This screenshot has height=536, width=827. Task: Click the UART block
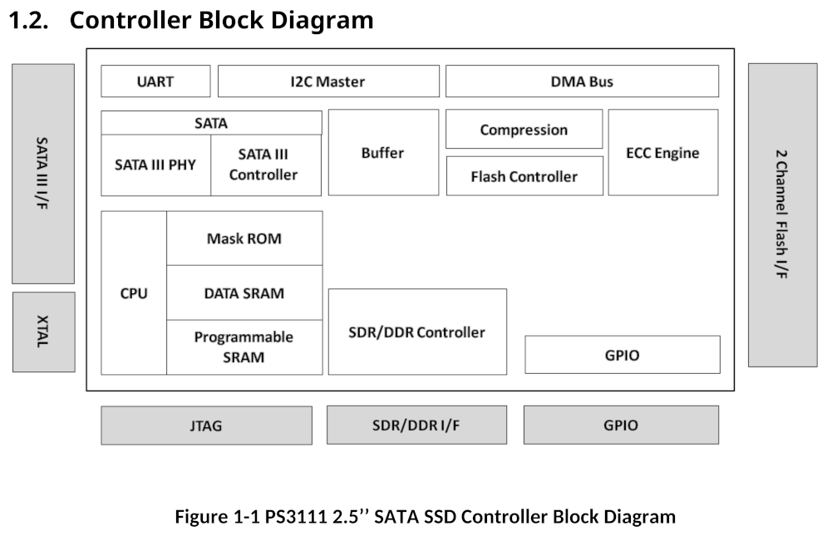pyautogui.click(x=155, y=81)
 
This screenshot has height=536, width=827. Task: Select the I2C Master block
pyautogui.click(x=328, y=81)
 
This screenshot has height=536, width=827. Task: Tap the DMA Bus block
pyautogui.click(x=582, y=81)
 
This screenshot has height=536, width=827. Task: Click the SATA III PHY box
pyautogui.click(x=155, y=165)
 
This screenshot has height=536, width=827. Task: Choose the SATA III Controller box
pyautogui.click(x=265, y=165)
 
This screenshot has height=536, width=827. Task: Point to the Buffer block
pyautogui.click(x=382, y=153)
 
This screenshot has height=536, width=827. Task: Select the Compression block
pyautogui.click(x=524, y=130)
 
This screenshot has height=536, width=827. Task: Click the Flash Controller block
pyautogui.click(x=524, y=176)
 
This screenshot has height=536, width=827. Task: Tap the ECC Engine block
pyautogui.click(x=662, y=153)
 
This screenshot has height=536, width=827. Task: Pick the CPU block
pyautogui.click(x=134, y=293)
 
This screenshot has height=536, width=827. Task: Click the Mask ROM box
pyautogui.click(x=244, y=238)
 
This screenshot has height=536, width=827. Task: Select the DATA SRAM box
pyautogui.click(x=244, y=293)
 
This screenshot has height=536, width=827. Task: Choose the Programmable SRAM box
pyautogui.click(x=244, y=347)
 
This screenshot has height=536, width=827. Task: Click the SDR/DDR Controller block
pyautogui.click(x=416, y=332)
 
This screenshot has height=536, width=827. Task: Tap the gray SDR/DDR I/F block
pyautogui.click(x=416, y=425)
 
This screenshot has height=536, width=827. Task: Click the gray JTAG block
pyautogui.click(x=206, y=425)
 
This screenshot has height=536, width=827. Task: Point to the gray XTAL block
pyautogui.click(x=43, y=332)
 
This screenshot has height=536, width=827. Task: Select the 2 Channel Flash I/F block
pyautogui.click(x=782, y=214)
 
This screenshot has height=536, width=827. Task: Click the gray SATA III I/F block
pyautogui.click(x=43, y=173)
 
